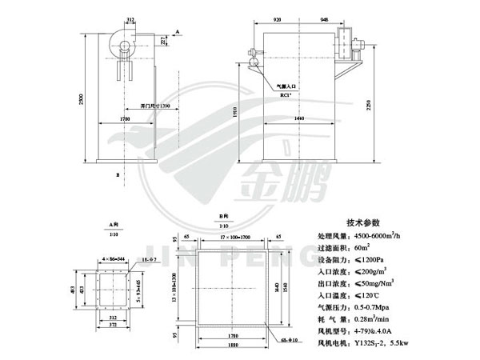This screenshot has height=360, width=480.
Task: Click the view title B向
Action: (x=224, y=216)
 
